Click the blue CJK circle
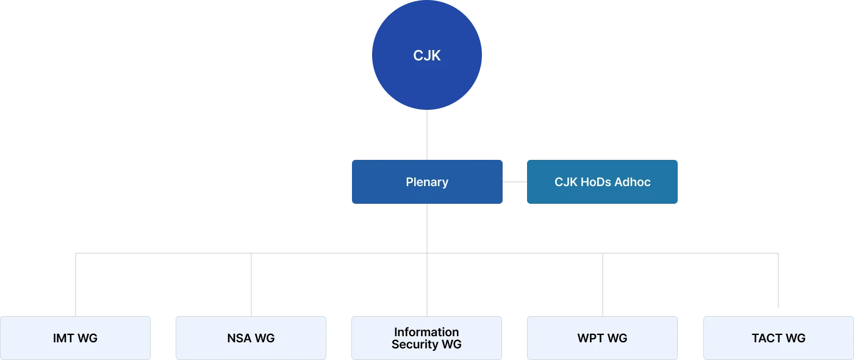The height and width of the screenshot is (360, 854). pyautogui.click(x=427, y=56)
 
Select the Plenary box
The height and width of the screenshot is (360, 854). pyautogui.click(x=427, y=181)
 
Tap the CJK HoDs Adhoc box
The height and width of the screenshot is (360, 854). pyautogui.click(x=602, y=181)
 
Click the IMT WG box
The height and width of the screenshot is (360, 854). pyautogui.click(x=75, y=337)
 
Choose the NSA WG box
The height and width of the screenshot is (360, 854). pyautogui.click(x=251, y=337)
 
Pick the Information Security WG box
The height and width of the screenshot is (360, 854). pyautogui.click(x=426, y=337)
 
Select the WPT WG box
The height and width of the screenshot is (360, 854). pyautogui.click(x=602, y=337)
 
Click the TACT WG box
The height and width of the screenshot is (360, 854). pyautogui.click(x=778, y=337)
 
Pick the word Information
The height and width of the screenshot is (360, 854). pyautogui.click(x=426, y=332)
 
